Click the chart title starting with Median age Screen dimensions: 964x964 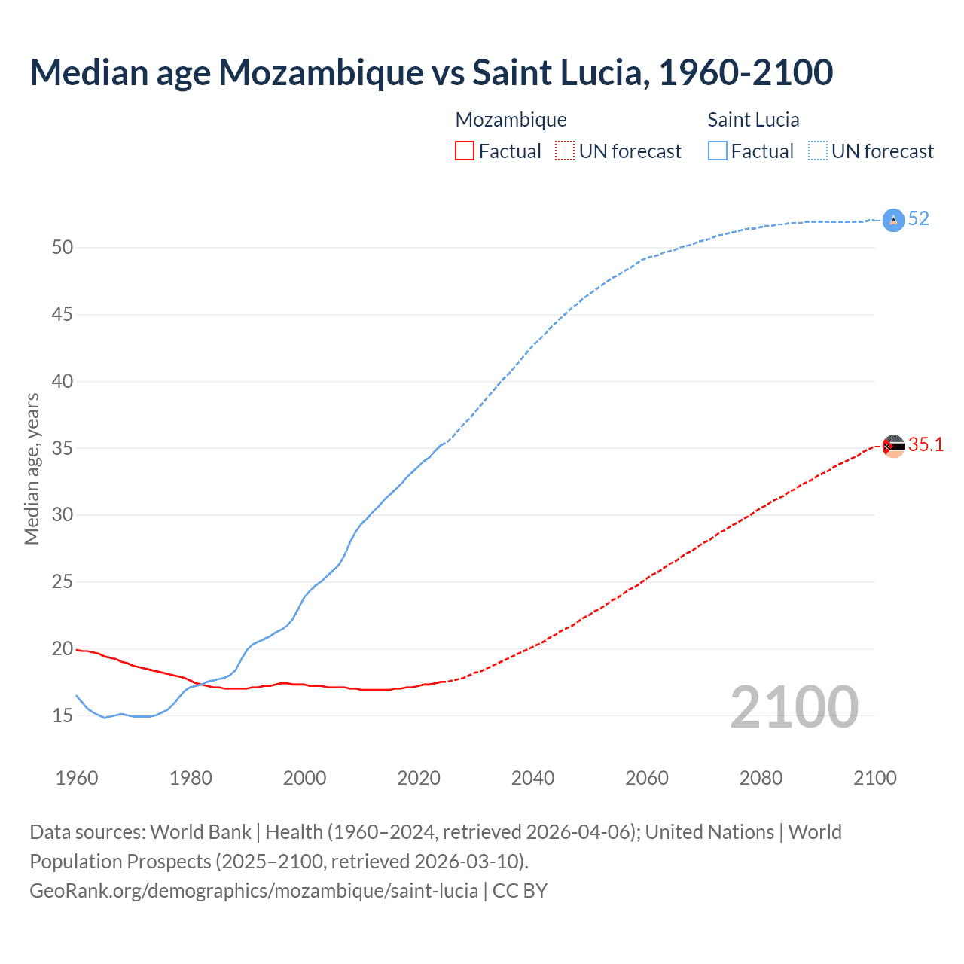[x=431, y=72]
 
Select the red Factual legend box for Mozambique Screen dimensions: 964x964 [x=465, y=151]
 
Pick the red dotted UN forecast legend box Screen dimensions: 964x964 [x=565, y=151]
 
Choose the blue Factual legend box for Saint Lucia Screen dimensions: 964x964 [x=718, y=151]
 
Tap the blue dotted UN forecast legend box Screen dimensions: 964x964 [x=818, y=151]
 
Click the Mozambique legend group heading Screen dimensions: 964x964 [x=511, y=120]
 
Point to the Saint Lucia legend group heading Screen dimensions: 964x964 [x=753, y=120]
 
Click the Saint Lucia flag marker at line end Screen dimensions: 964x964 [x=892, y=220]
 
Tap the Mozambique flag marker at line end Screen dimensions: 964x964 [x=892, y=446]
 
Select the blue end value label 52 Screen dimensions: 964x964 [x=919, y=219]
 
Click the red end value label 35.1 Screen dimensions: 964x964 [x=926, y=445]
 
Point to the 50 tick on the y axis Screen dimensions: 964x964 [x=63, y=247]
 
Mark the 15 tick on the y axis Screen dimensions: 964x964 [x=63, y=715]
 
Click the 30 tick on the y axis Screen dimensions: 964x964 [x=63, y=515]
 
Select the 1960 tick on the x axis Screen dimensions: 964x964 [x=77, y=778]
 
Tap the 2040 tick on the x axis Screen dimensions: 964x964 [x=532, y=778]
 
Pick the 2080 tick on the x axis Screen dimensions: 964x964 [x=761, y=778]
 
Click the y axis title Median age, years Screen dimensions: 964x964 [x=32, y=468]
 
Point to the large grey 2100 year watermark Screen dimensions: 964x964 [x=794, y=707]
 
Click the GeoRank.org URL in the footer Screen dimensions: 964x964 [x=254, y=891]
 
